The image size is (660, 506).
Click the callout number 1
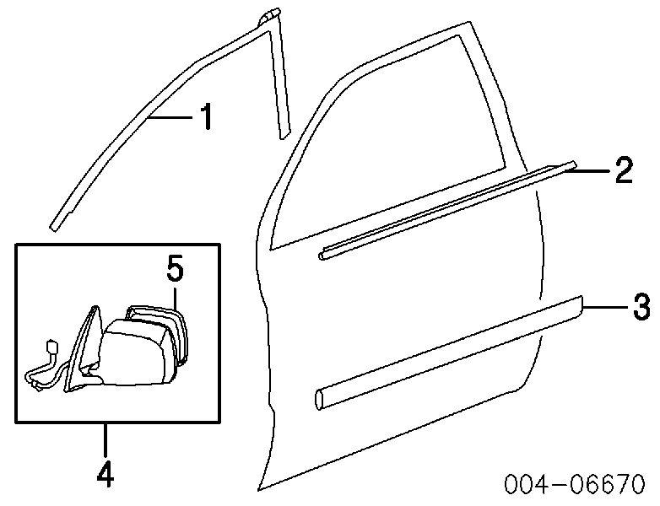coord(206,116)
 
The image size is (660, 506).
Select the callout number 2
coord(624,170)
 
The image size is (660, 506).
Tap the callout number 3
coord(642,307)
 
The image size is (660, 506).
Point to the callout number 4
coord(105,473)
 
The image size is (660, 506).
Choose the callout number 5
coord(175,269)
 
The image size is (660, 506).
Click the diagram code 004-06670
coord(575,484)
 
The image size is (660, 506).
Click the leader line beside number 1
coord(172,118)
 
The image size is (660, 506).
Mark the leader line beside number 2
coord(588,170)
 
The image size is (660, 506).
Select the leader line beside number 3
coord(605,308)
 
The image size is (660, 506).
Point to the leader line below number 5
coord(175,298)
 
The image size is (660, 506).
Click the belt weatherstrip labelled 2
coord(447,210)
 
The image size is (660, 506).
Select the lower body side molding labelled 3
coord(449,353)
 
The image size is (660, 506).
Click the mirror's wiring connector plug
coord(53,347)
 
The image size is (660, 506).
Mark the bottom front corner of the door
coord(260,490)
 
